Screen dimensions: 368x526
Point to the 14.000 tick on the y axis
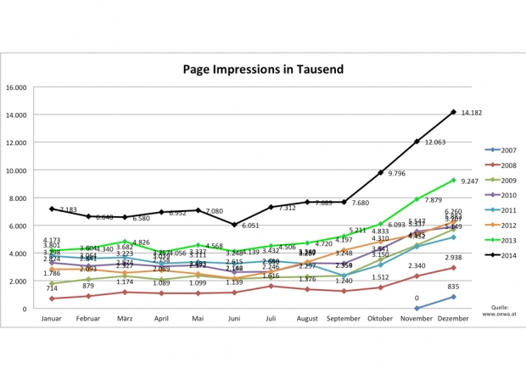(x=16, y=114)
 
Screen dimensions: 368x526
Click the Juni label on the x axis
(x=235, y=321)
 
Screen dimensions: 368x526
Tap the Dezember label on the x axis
(x=454, y=321)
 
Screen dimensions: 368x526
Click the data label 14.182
(x=472, y=113)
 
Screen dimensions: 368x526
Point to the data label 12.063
(x=436, y=142)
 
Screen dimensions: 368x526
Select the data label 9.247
(x=473, y=181)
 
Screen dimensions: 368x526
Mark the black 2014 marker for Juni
(x=235, y=225)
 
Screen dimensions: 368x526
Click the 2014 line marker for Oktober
(x=381, y=172)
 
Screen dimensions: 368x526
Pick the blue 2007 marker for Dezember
(x=454, y=297)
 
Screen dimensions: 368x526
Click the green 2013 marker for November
(x=417, y=199)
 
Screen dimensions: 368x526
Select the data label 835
(x=454, y=287)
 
